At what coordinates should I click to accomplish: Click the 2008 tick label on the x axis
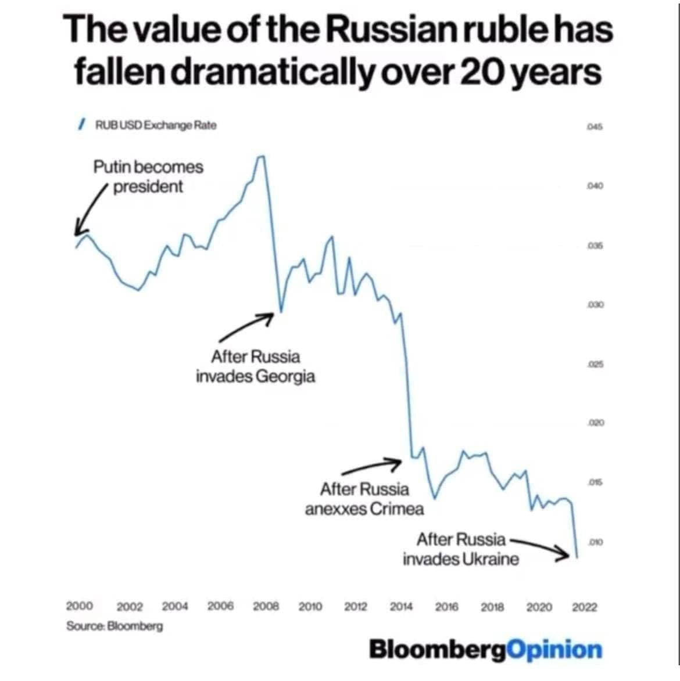point(266,607)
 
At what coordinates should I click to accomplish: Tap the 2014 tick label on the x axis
point(401,607)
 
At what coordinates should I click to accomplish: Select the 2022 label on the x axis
point(584,607)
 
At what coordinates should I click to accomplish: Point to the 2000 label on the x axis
point(80,606)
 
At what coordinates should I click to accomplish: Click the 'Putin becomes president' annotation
point(148,177)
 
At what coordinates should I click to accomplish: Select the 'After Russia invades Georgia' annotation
point(256,366)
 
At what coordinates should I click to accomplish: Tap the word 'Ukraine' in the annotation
point(493,560)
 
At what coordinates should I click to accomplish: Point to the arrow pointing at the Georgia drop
point(246,327)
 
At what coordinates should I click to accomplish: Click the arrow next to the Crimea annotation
point(371,467)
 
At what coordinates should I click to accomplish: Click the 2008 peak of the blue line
point(262,157)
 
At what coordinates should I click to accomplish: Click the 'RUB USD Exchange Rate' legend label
point(155,125)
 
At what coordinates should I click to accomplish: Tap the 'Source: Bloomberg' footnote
point(114,626)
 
